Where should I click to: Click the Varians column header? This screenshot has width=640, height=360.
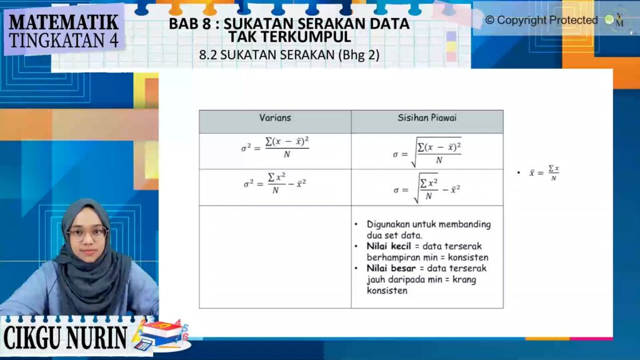pyautogui.click(x=275, y=118)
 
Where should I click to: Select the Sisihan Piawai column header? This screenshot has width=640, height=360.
pyautogui.click(x=427, y=118)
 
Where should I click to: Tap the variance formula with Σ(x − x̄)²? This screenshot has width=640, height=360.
pyautogui.click(x=275, y=147)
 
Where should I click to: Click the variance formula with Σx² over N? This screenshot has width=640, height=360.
pyautogui.click(x=275, y=183)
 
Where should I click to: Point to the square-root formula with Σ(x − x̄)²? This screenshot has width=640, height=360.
pyautogui.click(x=427, y=152)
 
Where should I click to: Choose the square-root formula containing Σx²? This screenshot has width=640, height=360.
pyautogui.click(x=426, y=187)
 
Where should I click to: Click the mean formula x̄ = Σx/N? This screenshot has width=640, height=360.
pyautogui.click(x=544, y=172)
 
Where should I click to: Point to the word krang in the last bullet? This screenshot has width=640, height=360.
pyautogui.click(x=464, y=279)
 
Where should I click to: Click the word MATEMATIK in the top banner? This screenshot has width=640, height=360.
pyautogui.click(x=64, y=22)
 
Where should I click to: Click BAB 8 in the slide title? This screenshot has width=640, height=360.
pyautogui.click(x=190, y=24)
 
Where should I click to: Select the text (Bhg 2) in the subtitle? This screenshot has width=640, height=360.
pyautogui.click(x=359, y=55)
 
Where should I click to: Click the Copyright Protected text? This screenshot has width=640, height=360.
pyautogui.click(x=541, y=20)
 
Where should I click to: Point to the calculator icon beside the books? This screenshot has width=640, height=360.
pyautogui.click(x=143, y=344)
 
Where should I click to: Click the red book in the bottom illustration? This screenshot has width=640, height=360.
pyautogui.click(x=162, y=329)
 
